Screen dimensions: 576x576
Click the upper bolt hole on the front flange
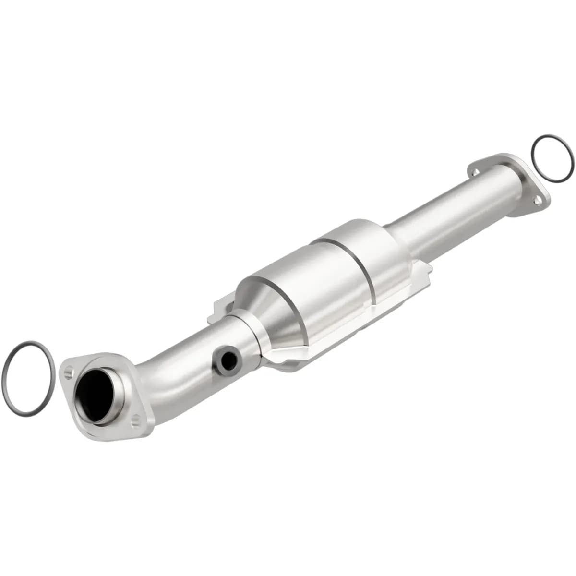coord(68,372)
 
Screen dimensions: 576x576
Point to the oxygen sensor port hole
coord(227,358)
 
